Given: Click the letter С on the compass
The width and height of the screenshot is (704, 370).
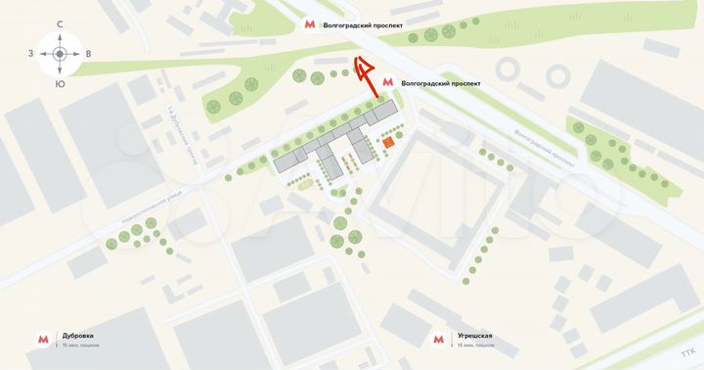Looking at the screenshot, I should tap(60, 23).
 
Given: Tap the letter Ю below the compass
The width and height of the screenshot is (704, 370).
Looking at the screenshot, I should tap(60, 84).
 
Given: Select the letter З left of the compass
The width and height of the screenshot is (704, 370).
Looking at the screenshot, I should tap(30, 54).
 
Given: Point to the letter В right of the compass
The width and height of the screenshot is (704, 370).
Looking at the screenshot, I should tap(89, 54).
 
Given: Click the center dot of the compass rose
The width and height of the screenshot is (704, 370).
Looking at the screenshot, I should tap(60, 54).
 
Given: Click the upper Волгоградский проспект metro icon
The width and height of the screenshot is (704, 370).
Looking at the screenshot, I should tap(310, 24).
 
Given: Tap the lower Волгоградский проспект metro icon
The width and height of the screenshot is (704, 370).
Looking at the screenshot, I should tap(388, 83).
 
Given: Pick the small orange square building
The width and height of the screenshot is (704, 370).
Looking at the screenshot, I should tap(388, 143).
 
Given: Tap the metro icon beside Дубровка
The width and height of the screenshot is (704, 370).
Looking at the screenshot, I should tap(44, 340).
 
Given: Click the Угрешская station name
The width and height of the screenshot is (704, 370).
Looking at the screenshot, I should tap(474, 336).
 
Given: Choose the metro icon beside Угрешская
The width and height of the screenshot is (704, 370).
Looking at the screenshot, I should tap(437, 340).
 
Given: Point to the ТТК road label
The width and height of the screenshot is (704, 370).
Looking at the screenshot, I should tap(688, 352).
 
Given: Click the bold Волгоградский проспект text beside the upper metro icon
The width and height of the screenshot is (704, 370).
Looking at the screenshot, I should tap(363, 24).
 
